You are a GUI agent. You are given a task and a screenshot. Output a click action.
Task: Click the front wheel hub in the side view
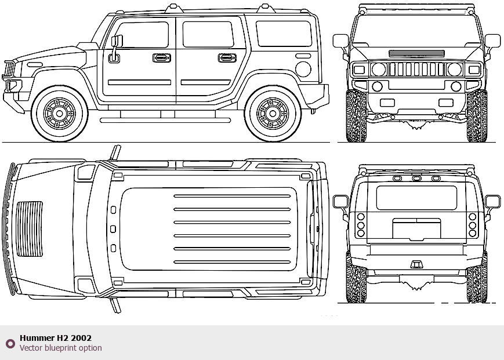(59, 114)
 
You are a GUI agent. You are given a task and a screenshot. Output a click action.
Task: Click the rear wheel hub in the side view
(273, 114)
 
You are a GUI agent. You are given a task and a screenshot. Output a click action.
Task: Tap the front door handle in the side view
(162, 58)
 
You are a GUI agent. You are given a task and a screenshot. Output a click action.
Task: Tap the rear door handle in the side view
(227, 58)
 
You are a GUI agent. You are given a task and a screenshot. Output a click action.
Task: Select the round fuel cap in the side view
(303, 69)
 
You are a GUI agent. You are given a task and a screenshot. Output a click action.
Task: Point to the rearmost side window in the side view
(284, 34)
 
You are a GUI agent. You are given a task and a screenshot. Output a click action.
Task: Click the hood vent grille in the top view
(30, 229)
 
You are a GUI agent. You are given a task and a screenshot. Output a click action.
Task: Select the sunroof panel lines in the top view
(232, 229)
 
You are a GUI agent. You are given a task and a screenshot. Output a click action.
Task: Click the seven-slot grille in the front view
(417, 70)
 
